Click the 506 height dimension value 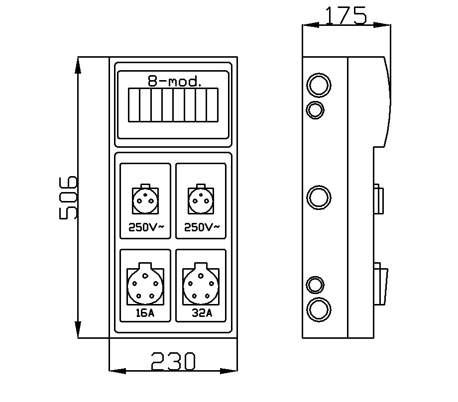coord(68,198)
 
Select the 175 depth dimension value coord(346,15)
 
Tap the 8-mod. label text coord(174,81)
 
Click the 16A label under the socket coord(145,313)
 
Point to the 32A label coord(202,313)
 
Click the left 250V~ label coord(146,227)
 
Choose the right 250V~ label coord(202,227)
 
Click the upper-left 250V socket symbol coord(145,200)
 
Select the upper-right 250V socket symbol coord(201,200)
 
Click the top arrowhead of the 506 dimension coord(78,65)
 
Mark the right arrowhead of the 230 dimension coord(229,371)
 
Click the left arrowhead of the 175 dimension coord(311,25)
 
